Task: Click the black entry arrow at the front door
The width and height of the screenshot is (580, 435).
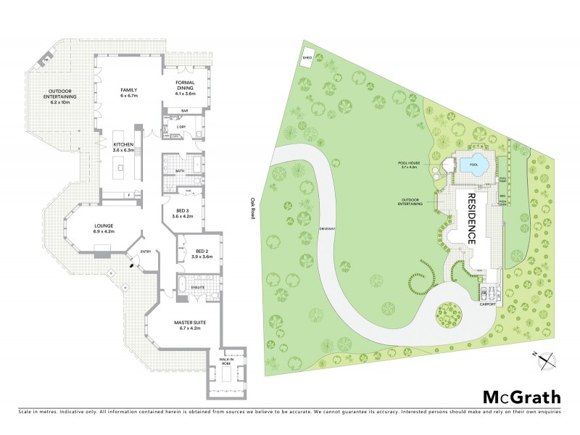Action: [131, 265]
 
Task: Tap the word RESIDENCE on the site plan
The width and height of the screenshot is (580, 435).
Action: [471, 217]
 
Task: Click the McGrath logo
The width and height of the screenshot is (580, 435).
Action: [521, 397]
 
